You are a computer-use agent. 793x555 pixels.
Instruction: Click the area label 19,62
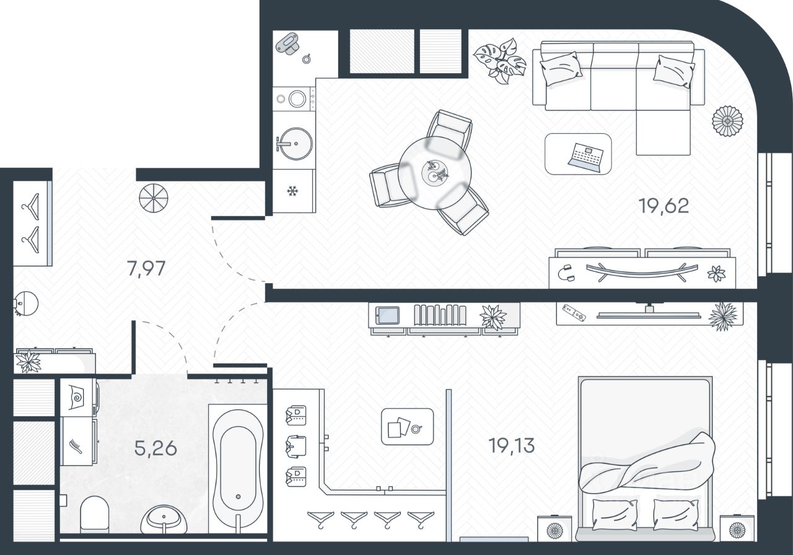coord(664,206)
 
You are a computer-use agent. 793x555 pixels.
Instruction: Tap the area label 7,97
coord(146,269)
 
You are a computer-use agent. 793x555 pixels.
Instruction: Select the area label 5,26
coord(156,447)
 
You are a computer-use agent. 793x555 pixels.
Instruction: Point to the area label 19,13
coord(511,445)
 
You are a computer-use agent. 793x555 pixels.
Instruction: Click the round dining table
coord(435,172)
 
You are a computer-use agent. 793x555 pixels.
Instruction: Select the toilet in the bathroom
coord(95,513)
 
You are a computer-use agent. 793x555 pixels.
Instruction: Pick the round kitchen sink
coord(294,144)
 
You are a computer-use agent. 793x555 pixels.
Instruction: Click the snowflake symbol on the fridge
coord(292,191)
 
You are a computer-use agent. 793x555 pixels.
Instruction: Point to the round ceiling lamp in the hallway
coord(153,198)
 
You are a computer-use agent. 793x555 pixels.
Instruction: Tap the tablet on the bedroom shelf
coord(388,315)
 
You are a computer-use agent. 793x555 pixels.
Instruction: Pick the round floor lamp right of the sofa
coord(727,121)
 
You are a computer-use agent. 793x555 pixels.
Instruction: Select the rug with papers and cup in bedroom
coord(407,426)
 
